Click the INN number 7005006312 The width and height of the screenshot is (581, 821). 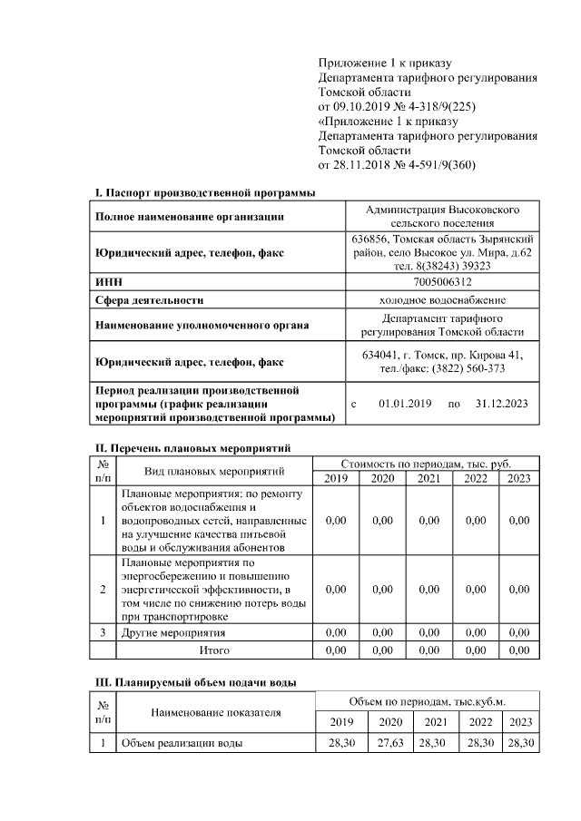tap(441, 282)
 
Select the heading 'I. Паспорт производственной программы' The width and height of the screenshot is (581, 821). tap(205, 193)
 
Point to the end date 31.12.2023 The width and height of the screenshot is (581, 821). tap(500, 403)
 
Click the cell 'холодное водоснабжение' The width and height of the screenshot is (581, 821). tap(441, 299)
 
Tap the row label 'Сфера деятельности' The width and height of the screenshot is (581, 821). tap(149, 299)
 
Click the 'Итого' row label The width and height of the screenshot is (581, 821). tap(214, 650)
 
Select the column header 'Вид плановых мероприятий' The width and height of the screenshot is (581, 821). tap(214, 471)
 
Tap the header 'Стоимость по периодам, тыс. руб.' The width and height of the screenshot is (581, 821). tap(427, 464)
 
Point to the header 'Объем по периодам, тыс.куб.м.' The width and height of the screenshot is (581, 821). tap(427, 702)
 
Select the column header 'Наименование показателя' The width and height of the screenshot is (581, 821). tap(215, 712)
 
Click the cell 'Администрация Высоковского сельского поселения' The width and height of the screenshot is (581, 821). tap(441, 216)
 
